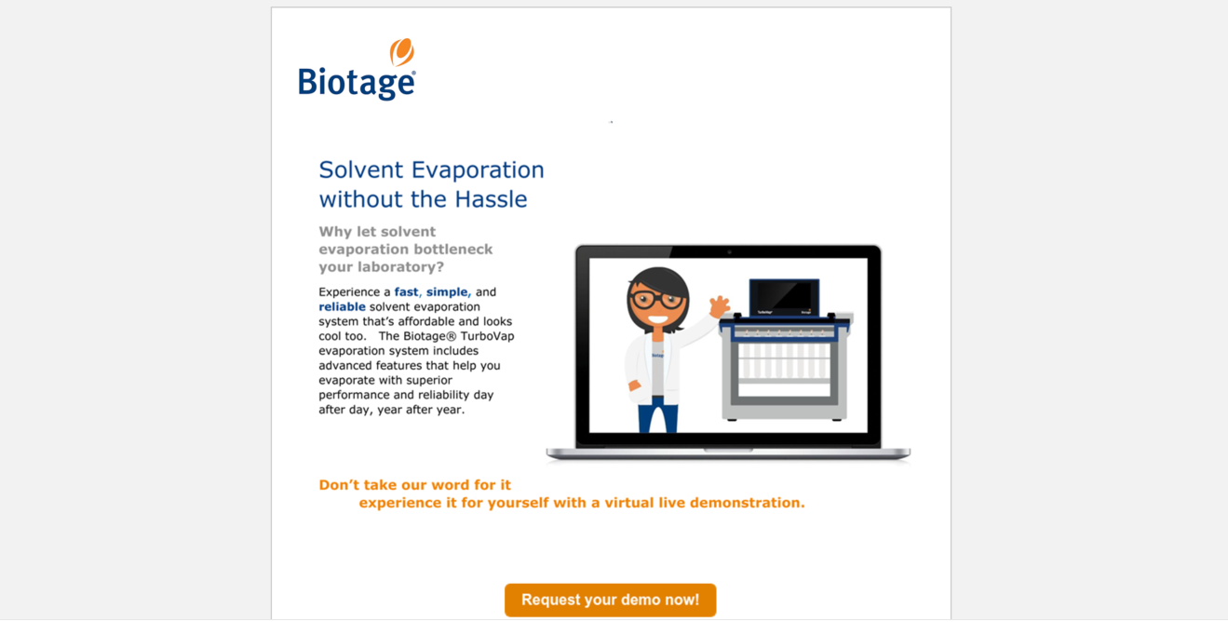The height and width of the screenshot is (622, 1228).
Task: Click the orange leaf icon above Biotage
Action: click(402, 52)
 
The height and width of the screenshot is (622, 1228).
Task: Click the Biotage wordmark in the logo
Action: click(357, 83)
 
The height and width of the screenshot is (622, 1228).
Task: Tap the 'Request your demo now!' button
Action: click(610, 600)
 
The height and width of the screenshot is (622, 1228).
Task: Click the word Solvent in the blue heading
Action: click(361, 170)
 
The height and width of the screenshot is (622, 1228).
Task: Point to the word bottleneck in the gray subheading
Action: click(449, 250)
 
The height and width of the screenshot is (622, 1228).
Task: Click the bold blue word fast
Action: click(406, 291)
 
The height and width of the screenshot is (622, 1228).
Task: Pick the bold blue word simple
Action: click(447, 292)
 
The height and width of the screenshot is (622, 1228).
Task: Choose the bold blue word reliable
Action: click(342, 306)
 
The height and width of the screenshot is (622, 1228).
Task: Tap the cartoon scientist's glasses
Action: click(656, 300)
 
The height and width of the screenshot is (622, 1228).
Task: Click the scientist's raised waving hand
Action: click(719, 306)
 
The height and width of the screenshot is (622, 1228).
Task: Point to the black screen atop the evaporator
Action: click(785, 297)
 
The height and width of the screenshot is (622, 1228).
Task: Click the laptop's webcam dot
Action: click(729, 251)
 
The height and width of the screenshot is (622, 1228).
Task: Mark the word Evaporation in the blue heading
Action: click(478, 171)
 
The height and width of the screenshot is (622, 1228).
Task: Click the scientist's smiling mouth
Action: click(657, 319)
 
